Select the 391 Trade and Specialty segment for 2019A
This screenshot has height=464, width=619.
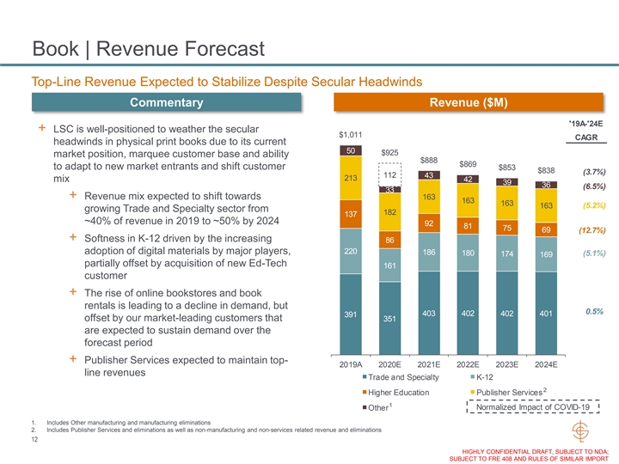350,314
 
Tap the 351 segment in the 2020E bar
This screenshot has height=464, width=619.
389,319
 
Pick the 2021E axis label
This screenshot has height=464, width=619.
428,364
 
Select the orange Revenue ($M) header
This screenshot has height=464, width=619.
475,103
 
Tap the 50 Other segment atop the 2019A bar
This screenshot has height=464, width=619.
350,151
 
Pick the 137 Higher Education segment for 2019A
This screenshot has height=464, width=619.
350,212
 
